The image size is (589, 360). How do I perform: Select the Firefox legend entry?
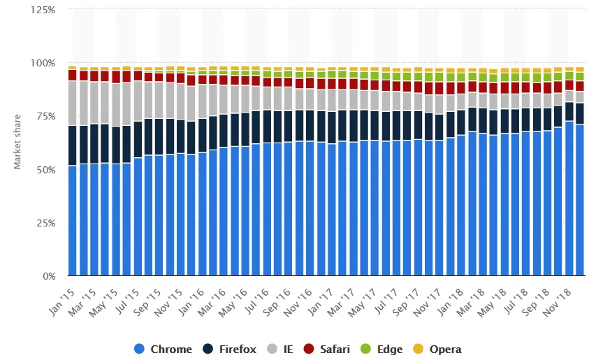tap(236, 349)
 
